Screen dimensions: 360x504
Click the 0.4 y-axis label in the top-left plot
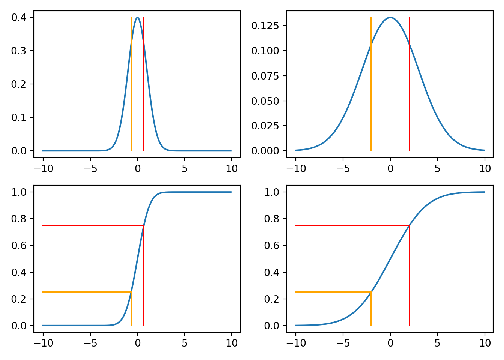(x=19, y=18)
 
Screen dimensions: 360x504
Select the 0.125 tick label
(x=265, y=26)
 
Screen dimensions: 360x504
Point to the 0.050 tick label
(x=265, y=101)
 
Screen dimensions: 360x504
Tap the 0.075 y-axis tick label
(x=265, y=76)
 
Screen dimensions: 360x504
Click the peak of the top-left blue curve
(x=138, y=17)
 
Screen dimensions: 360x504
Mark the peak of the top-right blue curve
(x=390, y=17)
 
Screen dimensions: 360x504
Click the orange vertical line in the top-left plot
(x=131, y=94)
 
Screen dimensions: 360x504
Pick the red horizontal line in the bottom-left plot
(x=90, y=225)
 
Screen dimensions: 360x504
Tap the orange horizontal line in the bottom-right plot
(x=330, y=292)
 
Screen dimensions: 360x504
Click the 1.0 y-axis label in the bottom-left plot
(x=19, y=192)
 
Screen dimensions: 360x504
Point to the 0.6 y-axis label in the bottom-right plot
(x=271, y=246)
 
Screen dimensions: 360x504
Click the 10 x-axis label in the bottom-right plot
(x=485, y=343)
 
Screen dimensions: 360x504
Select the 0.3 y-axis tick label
(x=19, y=51)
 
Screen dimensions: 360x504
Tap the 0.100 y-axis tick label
(x=265, y=51)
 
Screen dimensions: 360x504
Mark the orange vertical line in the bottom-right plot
(x=371, y=311)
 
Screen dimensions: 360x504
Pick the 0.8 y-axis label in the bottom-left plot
(x=19, y=219)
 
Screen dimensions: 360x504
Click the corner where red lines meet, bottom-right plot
(x=409, y=225)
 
